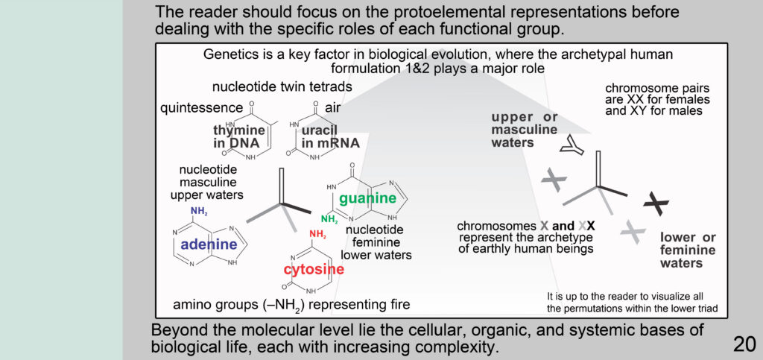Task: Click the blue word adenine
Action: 209,244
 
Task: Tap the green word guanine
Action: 368,198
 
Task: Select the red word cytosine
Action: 314,269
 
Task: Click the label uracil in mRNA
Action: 330,136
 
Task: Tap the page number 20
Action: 744,344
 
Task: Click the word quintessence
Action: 201,107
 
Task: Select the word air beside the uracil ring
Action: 332,107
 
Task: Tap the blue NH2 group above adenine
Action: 199,211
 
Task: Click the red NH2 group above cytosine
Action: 317,235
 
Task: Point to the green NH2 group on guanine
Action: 329,219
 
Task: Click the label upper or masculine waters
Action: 524,130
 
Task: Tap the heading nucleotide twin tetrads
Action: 282,87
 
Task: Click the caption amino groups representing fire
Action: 291,305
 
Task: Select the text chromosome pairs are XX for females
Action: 657,95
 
